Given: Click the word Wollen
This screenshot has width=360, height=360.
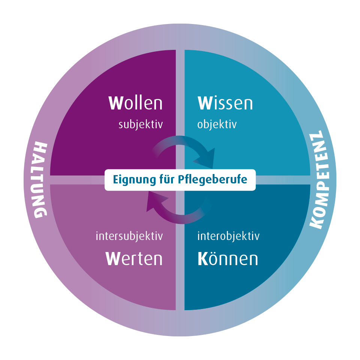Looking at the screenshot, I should [135, 103].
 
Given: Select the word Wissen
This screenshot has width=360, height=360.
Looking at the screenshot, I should [225, 103].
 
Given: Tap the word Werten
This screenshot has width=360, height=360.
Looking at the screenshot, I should [134, 259].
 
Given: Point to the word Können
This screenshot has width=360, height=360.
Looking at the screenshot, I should [228, 259].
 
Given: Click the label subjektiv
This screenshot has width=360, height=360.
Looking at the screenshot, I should [141, 124].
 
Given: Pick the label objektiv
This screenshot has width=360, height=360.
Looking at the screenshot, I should [217, 124].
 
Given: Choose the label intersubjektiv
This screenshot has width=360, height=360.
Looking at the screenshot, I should [129, 236].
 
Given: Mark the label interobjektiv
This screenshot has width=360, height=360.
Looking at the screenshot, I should [228, 236].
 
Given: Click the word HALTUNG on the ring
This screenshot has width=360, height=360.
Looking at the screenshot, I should [40, 180].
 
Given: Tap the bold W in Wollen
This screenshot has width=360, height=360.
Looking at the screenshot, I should [115, 103].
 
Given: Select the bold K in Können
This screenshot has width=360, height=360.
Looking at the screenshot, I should [203, 259].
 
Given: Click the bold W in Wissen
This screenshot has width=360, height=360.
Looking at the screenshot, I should [205, 103].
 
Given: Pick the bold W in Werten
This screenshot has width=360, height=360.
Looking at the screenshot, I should [113, 259].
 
